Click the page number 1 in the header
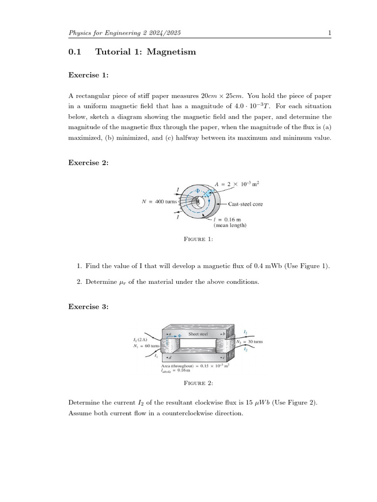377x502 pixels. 329,33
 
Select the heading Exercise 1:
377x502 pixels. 88,75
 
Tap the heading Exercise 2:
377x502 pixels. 88,163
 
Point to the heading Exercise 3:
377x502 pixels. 88,307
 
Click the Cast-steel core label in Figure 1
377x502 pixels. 245,204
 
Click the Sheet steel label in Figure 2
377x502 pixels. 198,334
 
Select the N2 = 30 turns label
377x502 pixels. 250,341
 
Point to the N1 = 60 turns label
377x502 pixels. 146,346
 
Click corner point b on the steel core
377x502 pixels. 223,334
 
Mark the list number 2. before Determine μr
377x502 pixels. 79,282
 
